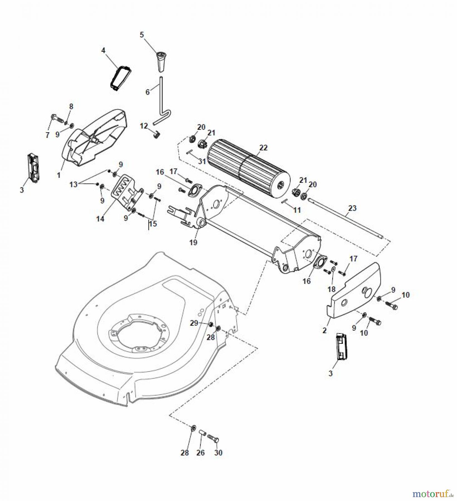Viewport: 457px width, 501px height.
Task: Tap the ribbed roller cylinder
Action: [x=249, y=170]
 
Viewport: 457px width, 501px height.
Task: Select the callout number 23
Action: [x=352, y=208]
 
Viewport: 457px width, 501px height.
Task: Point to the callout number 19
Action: [x=193, y=242]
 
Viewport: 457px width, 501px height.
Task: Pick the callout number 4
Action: [x=103, y=50]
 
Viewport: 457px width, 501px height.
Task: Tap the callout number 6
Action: [x=148, y=92]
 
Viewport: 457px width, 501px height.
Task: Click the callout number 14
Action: [x=100, y=219]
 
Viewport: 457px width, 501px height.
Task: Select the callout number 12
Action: [x=144, y=126]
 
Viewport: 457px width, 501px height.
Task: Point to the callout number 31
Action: [x=202, y=161]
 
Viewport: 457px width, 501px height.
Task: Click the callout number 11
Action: [x=297, y=210]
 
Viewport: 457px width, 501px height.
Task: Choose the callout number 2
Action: [x=324, y=331]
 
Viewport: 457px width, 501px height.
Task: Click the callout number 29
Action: [x=194, y=323]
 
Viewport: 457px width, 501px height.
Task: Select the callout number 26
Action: [x=201, y=453]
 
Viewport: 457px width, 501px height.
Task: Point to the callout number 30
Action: [x=218, y=453]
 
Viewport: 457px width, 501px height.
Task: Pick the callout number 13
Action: [x=73, y=184]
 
